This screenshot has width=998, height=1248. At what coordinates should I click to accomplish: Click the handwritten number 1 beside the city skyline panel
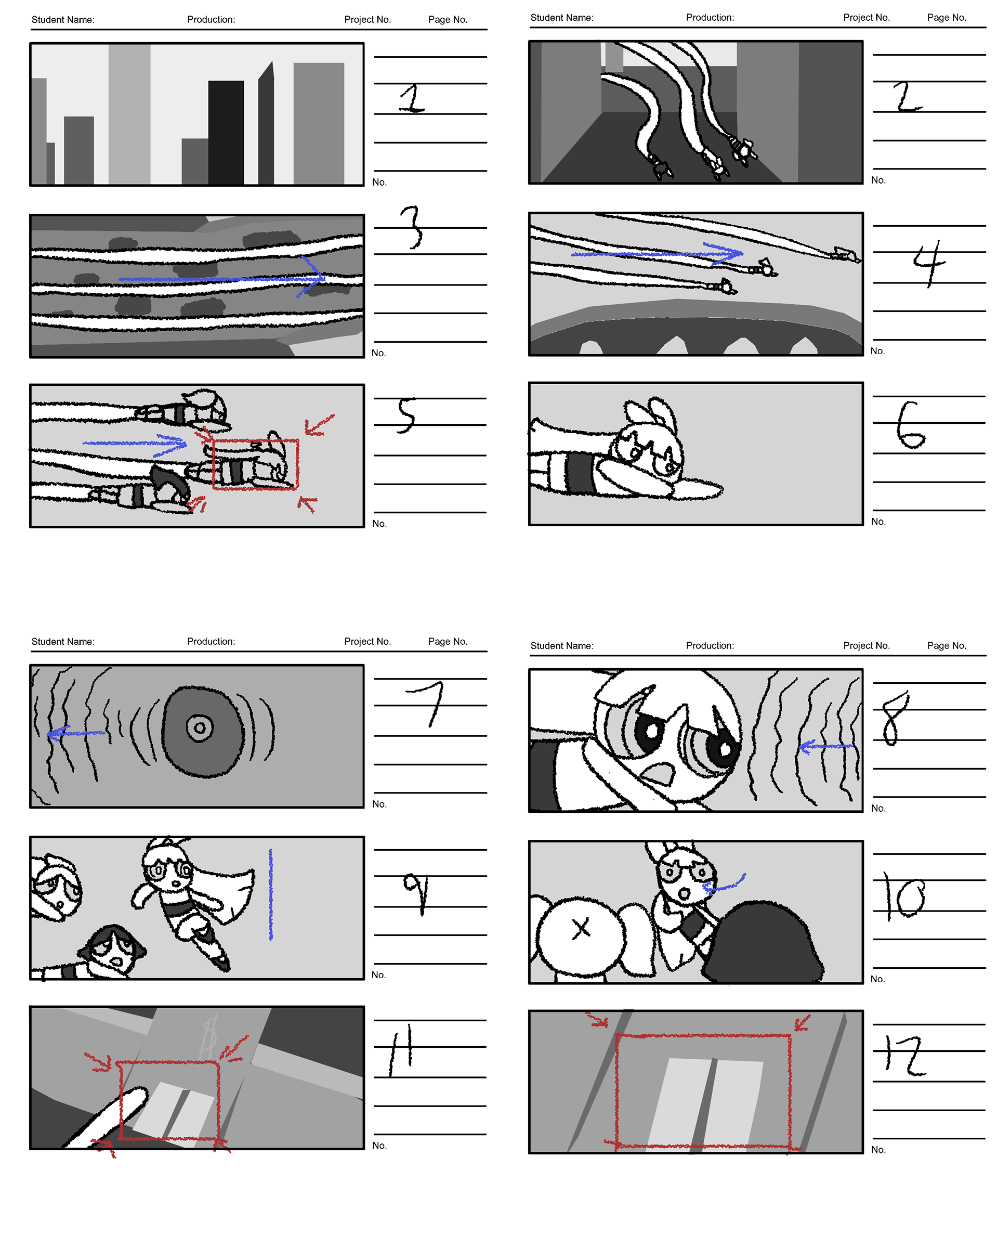coord(412,98)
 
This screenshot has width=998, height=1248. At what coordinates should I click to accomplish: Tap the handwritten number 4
coord(928,263)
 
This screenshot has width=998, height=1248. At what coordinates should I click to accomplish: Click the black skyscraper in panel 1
coord(226,133)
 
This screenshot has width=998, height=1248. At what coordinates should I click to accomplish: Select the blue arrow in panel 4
coord(656,253)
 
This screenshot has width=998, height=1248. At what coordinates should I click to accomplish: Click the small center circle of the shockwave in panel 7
coord(200,727)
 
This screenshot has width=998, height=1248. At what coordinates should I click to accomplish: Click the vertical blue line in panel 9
coord(270,894)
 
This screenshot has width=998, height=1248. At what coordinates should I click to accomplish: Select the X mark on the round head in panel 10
coord(581,929)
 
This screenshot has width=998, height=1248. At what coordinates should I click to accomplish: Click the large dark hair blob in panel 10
coord(764,942)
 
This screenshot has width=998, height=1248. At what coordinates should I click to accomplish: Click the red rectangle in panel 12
coord(703,1035)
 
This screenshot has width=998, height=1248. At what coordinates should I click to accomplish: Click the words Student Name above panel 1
coord(62,20)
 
